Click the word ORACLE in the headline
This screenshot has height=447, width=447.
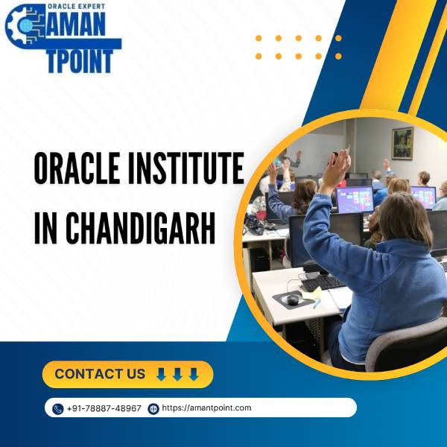click(x=77, y=168)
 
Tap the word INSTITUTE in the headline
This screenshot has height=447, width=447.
click(x=186, y=168)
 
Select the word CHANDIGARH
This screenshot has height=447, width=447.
click(x=141, y=228)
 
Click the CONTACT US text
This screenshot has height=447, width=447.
click(x=100, y=374)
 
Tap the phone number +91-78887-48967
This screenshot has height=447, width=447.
click(x=104, y=408)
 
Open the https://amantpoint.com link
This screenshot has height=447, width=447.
click(x=206, y=408)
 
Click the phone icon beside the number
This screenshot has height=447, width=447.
click(x=58, y=409)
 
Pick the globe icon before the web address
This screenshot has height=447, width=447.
click(x=153, y=409)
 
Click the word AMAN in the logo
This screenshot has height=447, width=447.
click(x=74, y=25)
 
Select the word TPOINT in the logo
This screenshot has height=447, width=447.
click(x=80, y=61)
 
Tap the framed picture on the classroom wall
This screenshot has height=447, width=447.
click(x=402, y=143)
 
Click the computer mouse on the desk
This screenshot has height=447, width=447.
click(x=293, y=299)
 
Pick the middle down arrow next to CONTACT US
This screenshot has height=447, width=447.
click(x=177, y=374)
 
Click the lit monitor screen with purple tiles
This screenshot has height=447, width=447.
click(x=355, y=199)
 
